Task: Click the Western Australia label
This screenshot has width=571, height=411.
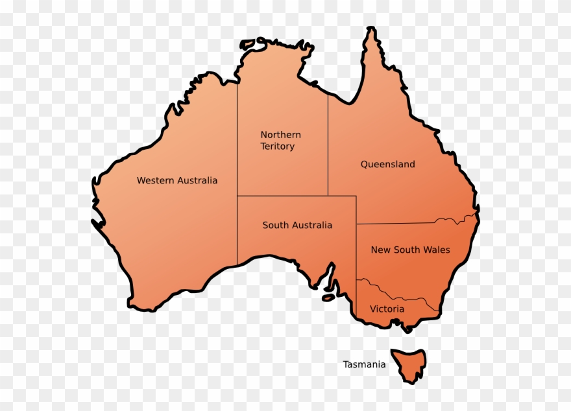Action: [x=176, y=180]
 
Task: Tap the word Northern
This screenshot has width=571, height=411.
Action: [x=280, y=135]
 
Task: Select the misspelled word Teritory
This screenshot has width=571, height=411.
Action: [x=277, y=147]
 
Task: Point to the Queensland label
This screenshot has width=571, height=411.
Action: [x=387, y=165]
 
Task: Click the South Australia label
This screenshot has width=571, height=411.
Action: [x=297, y=226]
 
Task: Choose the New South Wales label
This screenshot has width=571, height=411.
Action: [x=410, y=250]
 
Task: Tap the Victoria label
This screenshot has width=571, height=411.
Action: [x=387, y=309]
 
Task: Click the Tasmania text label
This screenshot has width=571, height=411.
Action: [x=364, y=364]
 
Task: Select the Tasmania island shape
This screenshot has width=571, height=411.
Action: [x=409, y=362]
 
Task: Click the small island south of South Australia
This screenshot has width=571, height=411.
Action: [x=328, y=298]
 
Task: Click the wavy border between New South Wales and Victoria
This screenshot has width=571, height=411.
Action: [x=396, y=292]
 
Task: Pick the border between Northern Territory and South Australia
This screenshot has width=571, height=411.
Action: [x=282, y=196]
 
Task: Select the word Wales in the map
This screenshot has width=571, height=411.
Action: [x=437, y=250]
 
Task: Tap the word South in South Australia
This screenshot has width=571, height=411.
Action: [x=274, y=226]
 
